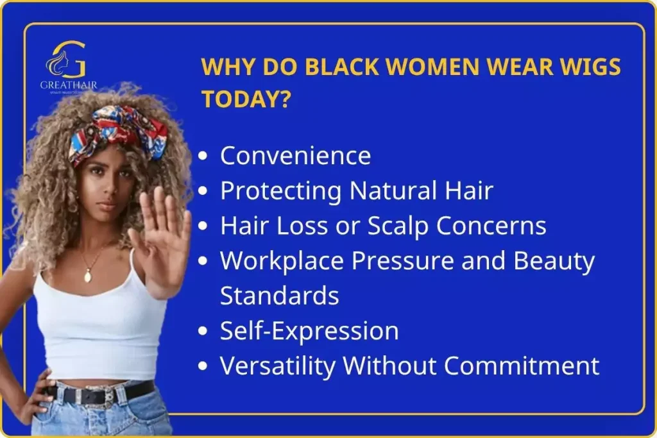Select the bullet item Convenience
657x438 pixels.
[295, 156]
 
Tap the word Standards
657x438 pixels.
[279, 296]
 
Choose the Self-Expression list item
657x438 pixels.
[309, 331]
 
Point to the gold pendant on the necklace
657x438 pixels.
[87, 276]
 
